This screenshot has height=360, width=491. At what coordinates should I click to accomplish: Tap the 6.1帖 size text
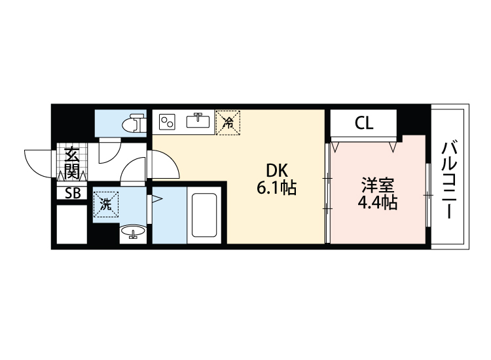point(276,189)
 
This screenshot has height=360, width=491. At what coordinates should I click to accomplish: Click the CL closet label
point(363,123)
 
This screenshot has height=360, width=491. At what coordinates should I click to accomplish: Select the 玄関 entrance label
point(71,164)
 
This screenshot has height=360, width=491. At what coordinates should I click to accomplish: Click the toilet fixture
point(134,122)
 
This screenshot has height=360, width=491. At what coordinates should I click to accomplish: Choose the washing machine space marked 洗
point(105,203)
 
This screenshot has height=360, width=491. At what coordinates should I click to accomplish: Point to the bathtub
point(204,214)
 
